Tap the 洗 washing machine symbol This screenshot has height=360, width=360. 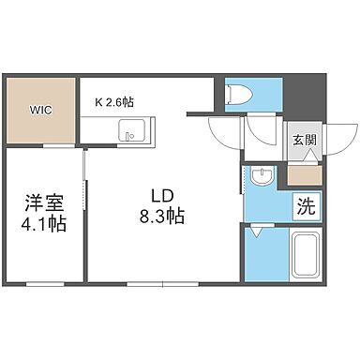pos(305,202)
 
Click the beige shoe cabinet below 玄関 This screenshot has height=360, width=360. pos(300,172)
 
